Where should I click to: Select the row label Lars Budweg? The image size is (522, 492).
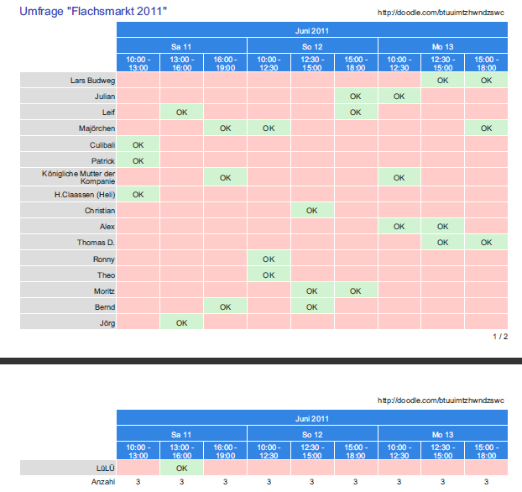pyautogui.click(x=93, y=80)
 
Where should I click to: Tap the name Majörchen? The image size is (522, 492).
pyautogui.click(x=95, y=128)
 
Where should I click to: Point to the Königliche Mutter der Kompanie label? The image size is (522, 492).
pyautogui.click(x=79, y=177)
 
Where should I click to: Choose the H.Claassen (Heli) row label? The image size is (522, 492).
pyautogui.click(x=84, y=194)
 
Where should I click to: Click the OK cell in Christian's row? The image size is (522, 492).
pyautogui.click(x=312, y=210)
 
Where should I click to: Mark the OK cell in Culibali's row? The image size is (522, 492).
pyautogui.click(x=138, y=145)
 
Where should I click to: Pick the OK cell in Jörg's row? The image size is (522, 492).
pyautogui.click(x=181, y=322)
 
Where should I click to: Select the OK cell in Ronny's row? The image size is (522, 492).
pyautogui.click(x=269, y=259)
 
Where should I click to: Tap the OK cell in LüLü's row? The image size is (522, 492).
pyautogui.click(x=181, y=468)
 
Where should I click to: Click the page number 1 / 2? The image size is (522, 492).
pyautogui.click(x=500, y=337)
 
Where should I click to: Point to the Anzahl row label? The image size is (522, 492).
pyautogui.click(x=103, y=482)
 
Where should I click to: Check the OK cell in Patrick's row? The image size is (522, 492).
pyautogui.click(x=138, y=160)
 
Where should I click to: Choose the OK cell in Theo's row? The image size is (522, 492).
pyautogui.click(x=269, y=275)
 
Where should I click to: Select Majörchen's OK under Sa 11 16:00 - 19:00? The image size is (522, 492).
pyautogui.click(x=225, y=128)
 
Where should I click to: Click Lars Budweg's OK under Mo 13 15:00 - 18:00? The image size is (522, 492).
pyautogui.click(x=487, y=80)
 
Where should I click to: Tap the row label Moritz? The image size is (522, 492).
pyautogui.click(x=103, y=291)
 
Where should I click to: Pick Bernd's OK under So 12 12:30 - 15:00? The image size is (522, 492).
pyautogui.click(x=312, y=306)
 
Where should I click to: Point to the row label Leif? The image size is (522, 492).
pyautogui.click(x=108, y=113)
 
